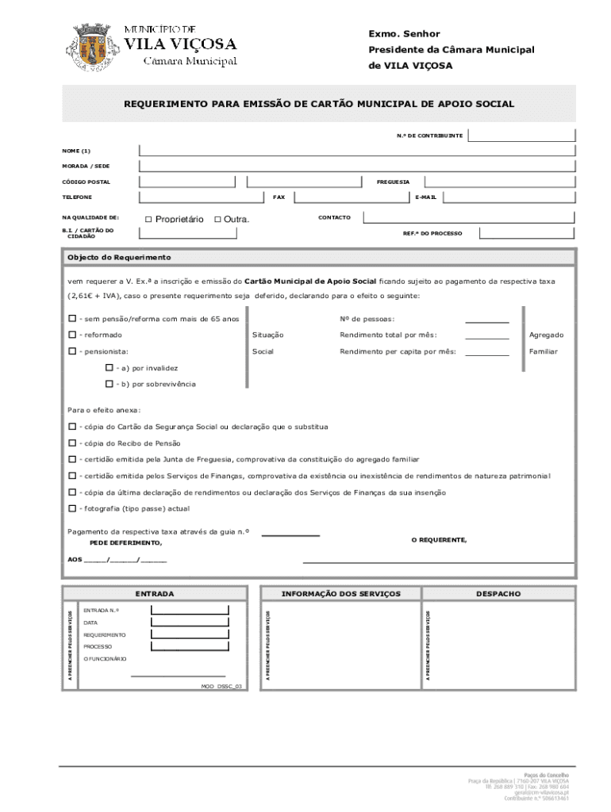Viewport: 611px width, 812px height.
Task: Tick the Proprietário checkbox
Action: [148, 219]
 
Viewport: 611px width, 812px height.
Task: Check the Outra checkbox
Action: [217, 219]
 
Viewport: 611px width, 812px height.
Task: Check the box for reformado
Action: [72, 335]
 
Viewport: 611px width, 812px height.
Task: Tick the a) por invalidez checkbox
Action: [110, 368]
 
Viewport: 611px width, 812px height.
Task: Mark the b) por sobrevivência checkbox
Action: [110, 384]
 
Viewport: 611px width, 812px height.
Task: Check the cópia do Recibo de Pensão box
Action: [72, 443]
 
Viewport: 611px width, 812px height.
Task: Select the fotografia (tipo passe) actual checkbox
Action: [72, 508]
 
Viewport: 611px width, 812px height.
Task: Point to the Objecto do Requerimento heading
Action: [119, 258]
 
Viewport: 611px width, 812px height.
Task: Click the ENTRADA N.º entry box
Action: [190, 610]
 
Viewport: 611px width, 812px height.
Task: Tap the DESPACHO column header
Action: [498, 594]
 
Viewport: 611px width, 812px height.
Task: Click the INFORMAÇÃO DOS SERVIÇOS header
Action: [341, 594]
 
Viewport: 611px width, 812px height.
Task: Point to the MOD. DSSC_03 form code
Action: [222, 686]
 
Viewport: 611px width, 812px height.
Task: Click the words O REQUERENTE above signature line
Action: [439, 540]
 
